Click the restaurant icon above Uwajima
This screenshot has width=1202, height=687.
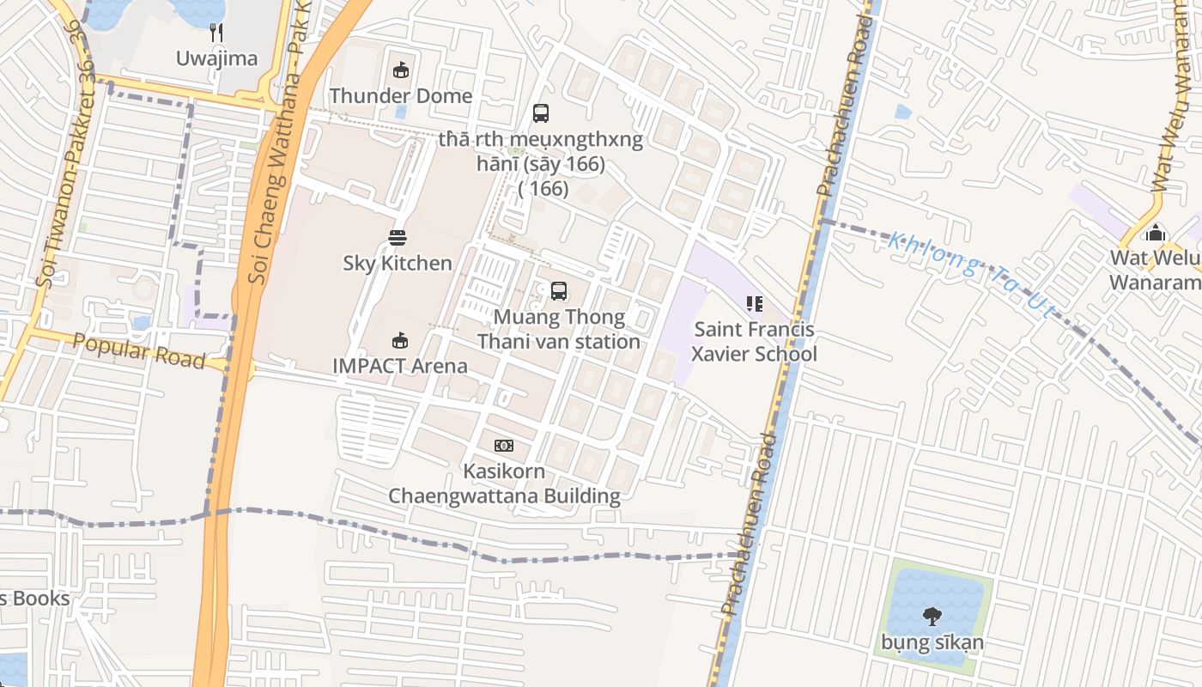[216, 33]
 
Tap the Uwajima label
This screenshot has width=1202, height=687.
[216, 58]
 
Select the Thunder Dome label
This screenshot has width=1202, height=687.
[400, 95]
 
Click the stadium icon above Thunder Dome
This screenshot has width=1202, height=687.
[400, 70]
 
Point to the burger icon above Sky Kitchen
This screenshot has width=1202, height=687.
[397, 237]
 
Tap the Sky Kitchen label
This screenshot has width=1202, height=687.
[397, 263]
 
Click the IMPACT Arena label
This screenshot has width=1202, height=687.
[400, 366]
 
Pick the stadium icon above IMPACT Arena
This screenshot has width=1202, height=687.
[400, 340]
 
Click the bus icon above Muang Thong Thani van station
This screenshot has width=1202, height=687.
[559, 291]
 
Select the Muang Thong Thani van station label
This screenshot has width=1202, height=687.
[559, 329]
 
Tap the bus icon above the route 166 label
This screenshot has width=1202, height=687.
[541, 112]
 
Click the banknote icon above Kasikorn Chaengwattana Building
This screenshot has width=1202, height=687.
[504, 445]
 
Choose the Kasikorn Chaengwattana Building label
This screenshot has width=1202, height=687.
[504, 483]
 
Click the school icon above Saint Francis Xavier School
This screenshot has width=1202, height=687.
[754, 303]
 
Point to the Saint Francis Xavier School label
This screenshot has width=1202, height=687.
[754, 341]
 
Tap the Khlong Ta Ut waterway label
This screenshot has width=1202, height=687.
[970, 273]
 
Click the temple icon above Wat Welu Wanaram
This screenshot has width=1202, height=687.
[1156, 233]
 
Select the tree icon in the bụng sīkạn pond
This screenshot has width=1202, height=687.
[932, 616]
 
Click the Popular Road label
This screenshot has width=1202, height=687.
[139, 350]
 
